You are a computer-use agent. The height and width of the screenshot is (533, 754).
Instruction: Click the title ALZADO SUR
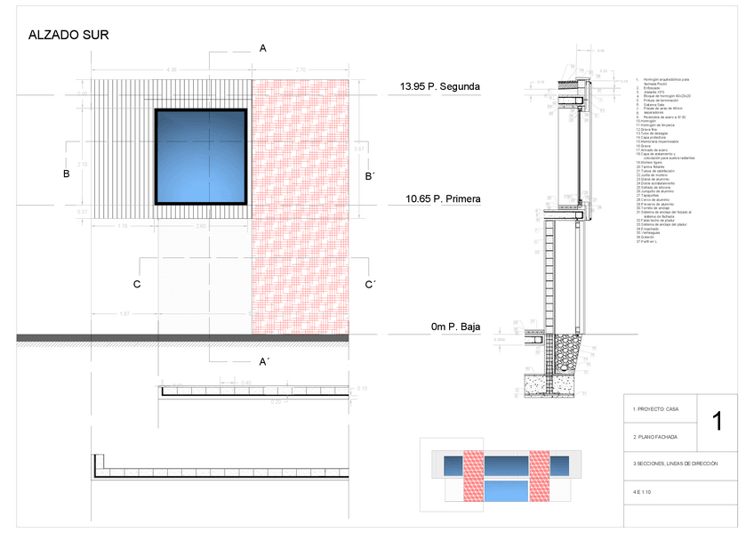68,36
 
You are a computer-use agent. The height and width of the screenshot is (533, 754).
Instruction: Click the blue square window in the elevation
201,157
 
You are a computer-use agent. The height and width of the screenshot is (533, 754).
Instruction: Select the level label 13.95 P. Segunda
439,87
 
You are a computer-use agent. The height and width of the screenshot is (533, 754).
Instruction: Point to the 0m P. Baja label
455,327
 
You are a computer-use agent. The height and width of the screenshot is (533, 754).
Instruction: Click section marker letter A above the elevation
263,49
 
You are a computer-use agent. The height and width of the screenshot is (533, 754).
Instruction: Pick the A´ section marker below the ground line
264,361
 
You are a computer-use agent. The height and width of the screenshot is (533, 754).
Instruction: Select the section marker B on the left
67,174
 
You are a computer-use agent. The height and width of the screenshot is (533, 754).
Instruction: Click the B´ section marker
371,177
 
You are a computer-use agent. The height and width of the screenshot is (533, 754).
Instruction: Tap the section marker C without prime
137,285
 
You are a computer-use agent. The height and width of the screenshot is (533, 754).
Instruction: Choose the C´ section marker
372,285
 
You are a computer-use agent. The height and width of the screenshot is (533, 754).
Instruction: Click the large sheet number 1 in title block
718,420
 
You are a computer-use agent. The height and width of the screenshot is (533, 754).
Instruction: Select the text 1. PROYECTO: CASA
655,408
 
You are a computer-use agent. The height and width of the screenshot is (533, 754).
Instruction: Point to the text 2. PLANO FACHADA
655,437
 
